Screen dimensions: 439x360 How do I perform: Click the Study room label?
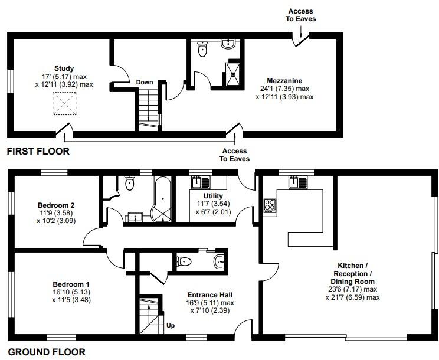click(64, 68)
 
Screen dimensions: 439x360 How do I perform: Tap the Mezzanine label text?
click(284, 81)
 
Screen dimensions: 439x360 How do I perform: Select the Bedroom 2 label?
click(56, 205)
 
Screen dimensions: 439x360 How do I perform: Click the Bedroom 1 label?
click(71, 284)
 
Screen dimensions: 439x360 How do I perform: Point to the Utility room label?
click(213, 196)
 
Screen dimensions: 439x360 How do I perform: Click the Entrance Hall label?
click(210, 294)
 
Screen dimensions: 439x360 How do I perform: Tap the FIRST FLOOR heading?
click(38, 152)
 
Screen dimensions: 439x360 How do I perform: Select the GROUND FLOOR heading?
click(46, 352)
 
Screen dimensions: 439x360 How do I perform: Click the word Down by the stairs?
click(145, 82)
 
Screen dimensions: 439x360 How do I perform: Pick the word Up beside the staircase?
click(171, 326)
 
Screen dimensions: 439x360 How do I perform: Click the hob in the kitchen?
click(270, 205)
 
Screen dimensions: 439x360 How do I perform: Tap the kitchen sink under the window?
click(298, 182)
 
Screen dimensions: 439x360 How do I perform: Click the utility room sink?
click(201, 182)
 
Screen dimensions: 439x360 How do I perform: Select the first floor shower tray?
click(233, 74)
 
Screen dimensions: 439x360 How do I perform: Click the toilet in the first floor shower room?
click(202, 49)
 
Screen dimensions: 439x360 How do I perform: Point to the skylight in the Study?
click(64, 103)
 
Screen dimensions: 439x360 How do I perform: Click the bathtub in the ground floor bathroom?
click(162, 199)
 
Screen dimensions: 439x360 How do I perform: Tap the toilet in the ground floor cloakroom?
click(184, 261)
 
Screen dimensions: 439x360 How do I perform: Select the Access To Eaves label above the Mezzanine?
click(301, 15)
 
